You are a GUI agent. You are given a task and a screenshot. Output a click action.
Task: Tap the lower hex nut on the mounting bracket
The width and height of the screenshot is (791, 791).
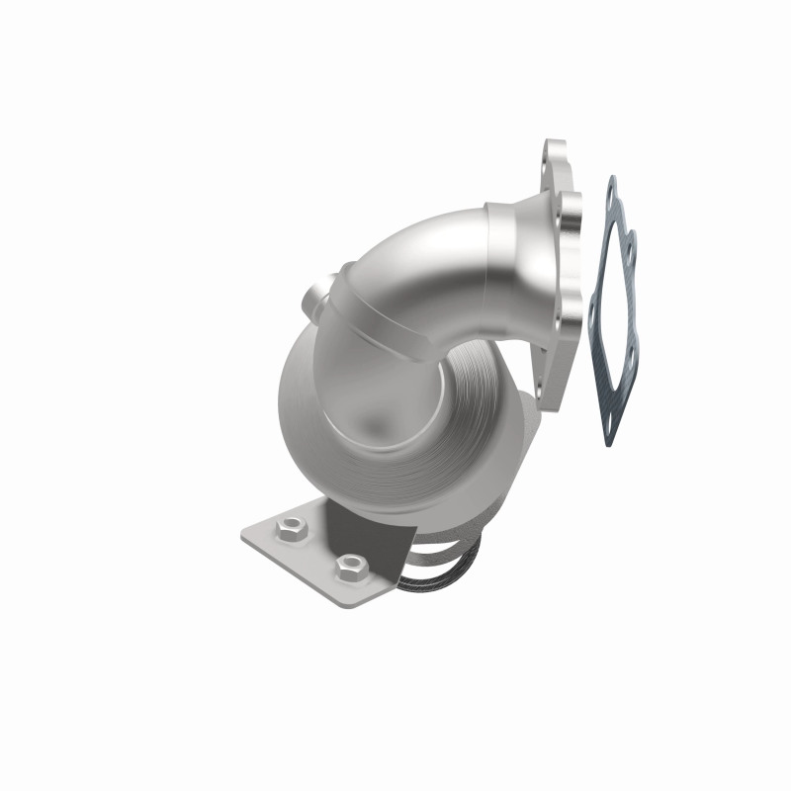click(x=351, y=567)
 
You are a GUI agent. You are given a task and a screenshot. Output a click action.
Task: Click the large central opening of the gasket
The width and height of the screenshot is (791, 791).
click(x=616, y=307)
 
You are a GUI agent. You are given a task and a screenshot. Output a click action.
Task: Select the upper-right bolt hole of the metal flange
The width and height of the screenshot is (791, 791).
click(x=568, y=209)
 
